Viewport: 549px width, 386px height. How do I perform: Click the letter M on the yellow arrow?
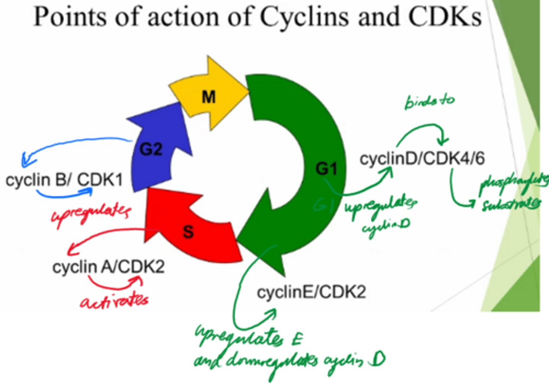tap(209, 97)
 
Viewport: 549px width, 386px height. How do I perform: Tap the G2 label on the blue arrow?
tap(151, 149)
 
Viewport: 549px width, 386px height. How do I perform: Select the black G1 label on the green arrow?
tap(326, 168)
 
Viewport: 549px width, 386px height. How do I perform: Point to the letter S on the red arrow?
tap(188, 231)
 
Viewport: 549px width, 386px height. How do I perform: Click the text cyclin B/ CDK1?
tap(64, 180)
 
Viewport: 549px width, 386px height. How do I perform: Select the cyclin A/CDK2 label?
tap(108, 267)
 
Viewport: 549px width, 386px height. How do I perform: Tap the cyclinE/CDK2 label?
tap(311, 292)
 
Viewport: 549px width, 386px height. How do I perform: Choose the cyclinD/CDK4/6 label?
tap(422, 159)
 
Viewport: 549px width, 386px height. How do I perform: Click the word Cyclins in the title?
tap(304, 17)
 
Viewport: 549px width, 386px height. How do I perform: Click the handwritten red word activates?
tap(114, 301)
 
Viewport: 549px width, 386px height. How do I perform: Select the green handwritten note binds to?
tap(429, 101)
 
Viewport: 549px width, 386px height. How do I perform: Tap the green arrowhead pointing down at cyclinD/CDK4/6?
tap(442, 141)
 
